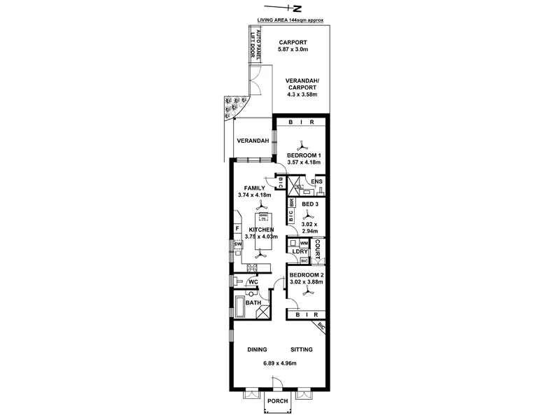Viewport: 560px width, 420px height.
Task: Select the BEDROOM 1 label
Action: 304,155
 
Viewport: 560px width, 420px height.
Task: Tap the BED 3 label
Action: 310,204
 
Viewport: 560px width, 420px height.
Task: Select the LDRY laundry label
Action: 301,251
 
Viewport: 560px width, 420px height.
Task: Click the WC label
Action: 253,282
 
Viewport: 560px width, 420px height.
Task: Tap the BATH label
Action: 253,303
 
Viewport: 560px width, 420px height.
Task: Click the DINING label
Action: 258,349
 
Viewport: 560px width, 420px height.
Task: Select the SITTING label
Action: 301,349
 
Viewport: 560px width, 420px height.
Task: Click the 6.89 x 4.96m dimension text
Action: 279,363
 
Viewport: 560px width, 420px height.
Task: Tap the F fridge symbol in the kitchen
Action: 238,229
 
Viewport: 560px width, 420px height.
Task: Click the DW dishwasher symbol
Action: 238,244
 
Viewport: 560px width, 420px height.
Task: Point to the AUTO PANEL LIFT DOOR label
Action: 257,45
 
